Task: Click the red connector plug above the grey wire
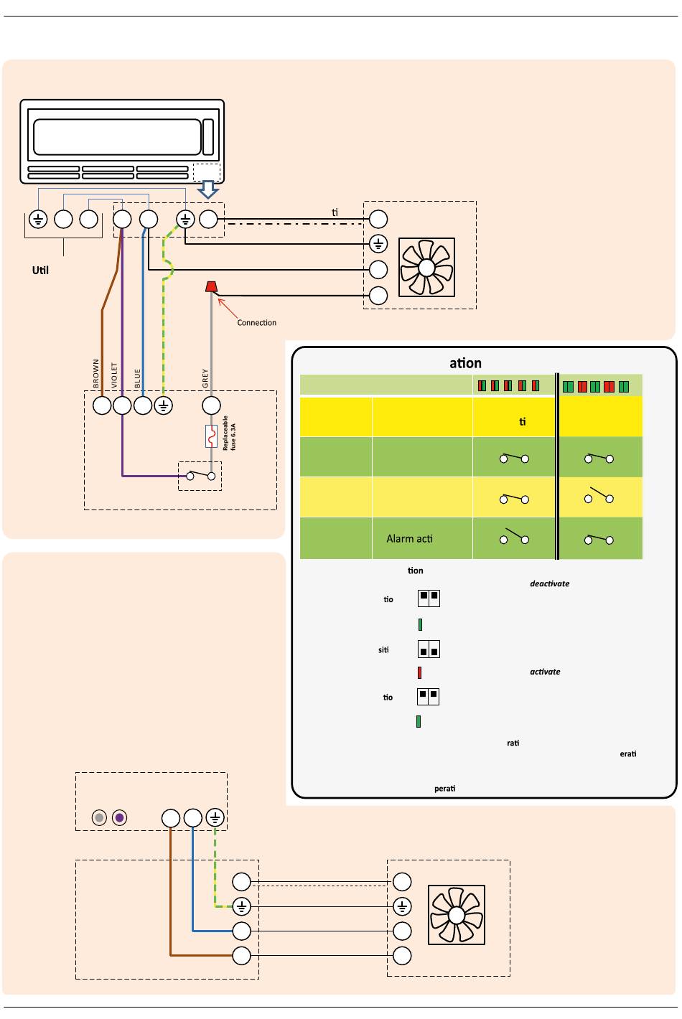pyautogui.click(x=211, y=287)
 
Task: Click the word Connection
pyautogui.click(x=256, y=323)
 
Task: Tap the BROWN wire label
pyautogui.click(x=96, y=374)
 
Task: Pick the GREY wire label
pyautogui.click(x=205, y=379)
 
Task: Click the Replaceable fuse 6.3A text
pyautogui.click(x=229, y=433)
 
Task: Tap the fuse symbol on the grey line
pyautogui.click(x=211, y=436)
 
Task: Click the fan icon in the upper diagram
pyautogui.click(x=426, y=267)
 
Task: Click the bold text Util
pyautogui.click(x=40, y=271)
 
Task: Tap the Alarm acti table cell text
pyautogui.click(x=409, y=539)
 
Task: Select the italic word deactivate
pyautogui.click(x=549, y=584)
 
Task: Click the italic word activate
pyautogui.click(x=545, y=672)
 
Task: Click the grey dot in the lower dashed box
pyautogui.click(x=100, y=817)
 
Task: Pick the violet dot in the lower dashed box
pyautogui.click(x=119, y=817)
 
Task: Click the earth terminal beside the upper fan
pyautogui.click(x=378, y=245)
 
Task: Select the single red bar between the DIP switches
pyautogui.click(x=419, y=673)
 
